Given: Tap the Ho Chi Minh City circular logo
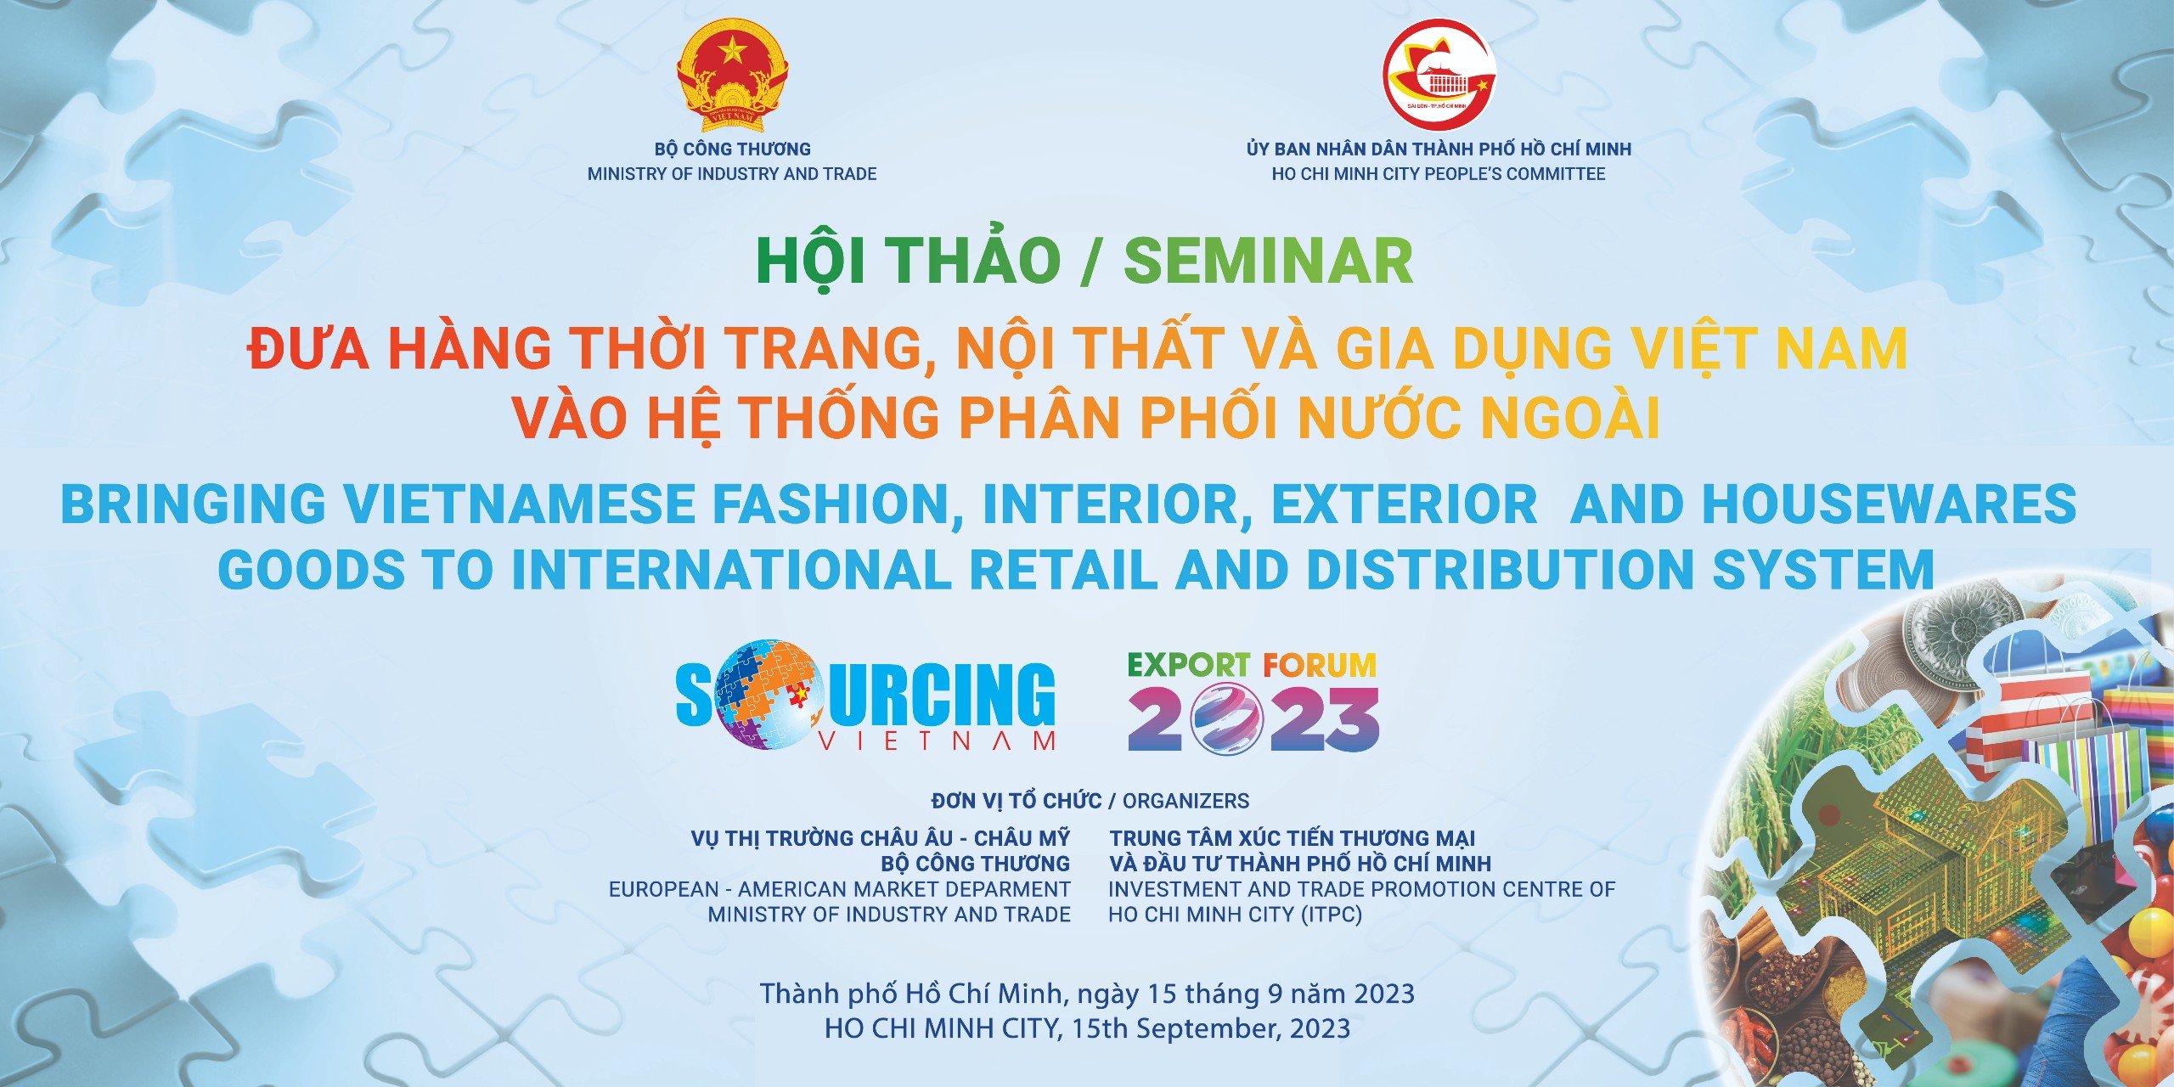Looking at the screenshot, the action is pos(1439,75).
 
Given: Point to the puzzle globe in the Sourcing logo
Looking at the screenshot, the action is pos(765,694).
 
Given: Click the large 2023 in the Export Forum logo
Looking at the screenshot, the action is pos(1253,719).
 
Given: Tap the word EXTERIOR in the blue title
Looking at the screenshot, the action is pos(1404,504).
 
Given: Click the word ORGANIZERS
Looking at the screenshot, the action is pos(1186,801).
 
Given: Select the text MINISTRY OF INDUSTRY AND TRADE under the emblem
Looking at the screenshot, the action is pos(732,174).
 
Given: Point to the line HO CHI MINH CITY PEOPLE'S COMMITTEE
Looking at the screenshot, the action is pos(1439,174).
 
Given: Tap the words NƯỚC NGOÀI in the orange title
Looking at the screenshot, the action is pos(1479,417).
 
